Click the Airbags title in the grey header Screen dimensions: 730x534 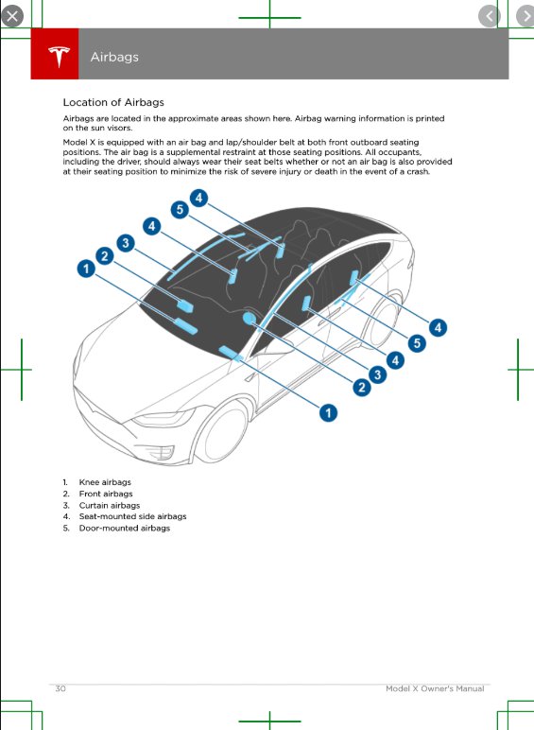coord(114,57)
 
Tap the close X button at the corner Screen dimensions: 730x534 coord(12,15)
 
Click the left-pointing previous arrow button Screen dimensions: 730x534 coord(489,15)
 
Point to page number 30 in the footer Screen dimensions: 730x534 coord(60,688)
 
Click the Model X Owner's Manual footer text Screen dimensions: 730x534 coord(435,688)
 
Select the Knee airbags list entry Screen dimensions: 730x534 coord(104,482)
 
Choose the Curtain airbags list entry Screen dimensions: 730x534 coord(109,505)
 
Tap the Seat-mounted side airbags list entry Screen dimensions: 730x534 coord(132,516)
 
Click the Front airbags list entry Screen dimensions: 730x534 coord(105,494)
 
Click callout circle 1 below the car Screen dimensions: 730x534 coord(328,412)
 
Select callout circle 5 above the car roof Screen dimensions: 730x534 coord(178,209)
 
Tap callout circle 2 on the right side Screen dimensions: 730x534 coord(361,387)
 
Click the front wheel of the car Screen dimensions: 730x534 coord(225,437)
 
